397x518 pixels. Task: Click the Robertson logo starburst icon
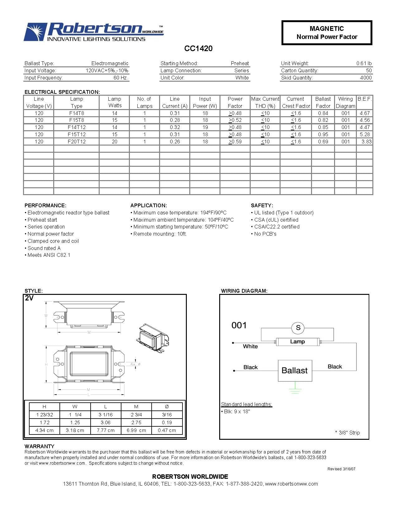pyautogui.click(x=35, y=32)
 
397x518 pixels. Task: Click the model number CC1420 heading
pyautogui.click(x=198, y=48)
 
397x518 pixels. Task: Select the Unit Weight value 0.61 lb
pyautogui.click(x=364, y=63)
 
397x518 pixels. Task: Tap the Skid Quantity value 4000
pyautogui.click(x=366, y=78)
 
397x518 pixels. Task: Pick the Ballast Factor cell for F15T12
pyautogui.click(x=323, y=134)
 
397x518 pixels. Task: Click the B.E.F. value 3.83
pyautogui.click(x=366, y=141)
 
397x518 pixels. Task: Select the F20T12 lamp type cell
pyautogui.click(x=77, y=141)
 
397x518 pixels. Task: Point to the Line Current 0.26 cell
pyautogui.click(x=175, y=141)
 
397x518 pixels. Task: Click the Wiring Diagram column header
pyautogui.click(x=345, y=102)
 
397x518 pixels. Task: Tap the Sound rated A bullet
pyautogui.click(x=44, y=248)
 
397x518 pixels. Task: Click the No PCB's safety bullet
pyautogui.click(x=265, y=234)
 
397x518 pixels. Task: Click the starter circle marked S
pyautogui.click(x=298, y=328)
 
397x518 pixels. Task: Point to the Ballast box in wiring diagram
pyautogui.click(x=295, y=370)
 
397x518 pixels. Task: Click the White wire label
pyautogui.click(x=250, y=346)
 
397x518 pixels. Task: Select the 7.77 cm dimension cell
pyautogui.click(x=106, y=430)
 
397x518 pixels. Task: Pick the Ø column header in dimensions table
pyautogui.click(x=167, y=406)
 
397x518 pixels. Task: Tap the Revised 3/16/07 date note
pyautogui.click(x=341, y=469)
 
